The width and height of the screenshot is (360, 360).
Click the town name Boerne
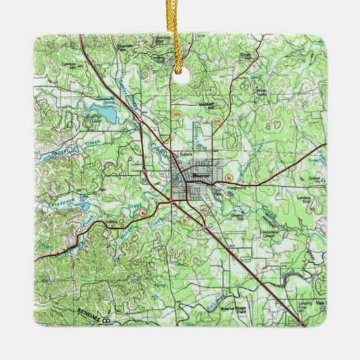pos(202,175)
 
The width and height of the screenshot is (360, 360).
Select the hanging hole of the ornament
pos(181,77)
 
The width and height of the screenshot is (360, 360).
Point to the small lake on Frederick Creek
pos(82,206)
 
